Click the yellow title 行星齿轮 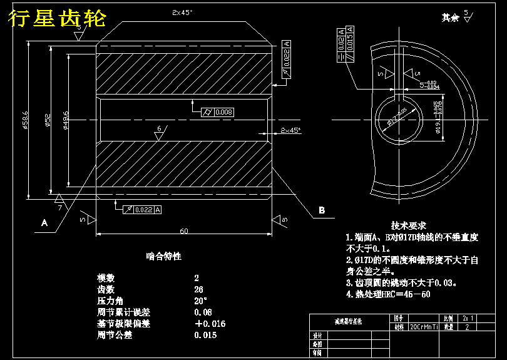click(x=57, y=19)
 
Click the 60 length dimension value click(x=183, y=231)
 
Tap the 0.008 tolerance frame click(x=223, y=112)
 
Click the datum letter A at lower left click(x=44, y=222)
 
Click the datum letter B click(x=322, y=210)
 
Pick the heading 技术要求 click(x=409, y=225)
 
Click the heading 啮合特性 click(x=164, y=257)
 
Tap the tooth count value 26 click(x=198, y=289)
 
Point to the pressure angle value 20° click(x=200, y=301)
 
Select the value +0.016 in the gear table click(x=210, y=324)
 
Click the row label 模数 click(x=106, y=278)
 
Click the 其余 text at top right click(x=450, y=18)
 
